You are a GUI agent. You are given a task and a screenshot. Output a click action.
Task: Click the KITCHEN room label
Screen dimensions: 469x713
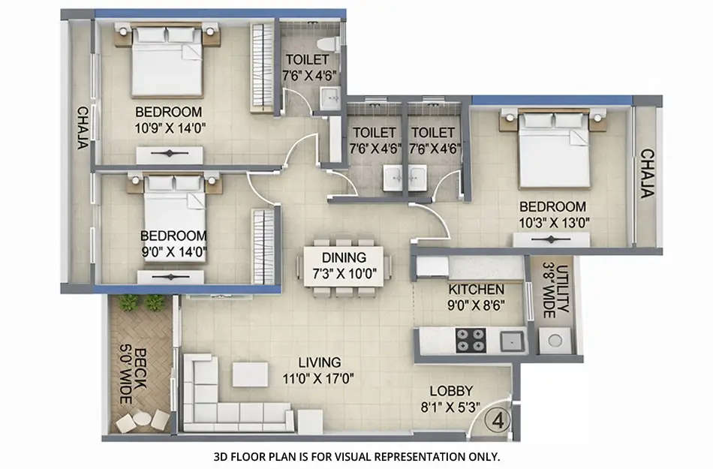[476, 290]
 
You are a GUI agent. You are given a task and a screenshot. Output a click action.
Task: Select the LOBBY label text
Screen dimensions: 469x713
[451, 391]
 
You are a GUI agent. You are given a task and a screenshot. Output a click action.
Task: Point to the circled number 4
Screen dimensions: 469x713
[498, 419]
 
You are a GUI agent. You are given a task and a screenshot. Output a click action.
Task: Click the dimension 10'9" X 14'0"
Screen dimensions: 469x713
[170, 128]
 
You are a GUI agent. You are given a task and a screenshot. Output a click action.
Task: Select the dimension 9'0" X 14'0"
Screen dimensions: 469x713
[173, 251]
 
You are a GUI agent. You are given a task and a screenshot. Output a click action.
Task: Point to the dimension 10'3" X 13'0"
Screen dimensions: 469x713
[553, 222]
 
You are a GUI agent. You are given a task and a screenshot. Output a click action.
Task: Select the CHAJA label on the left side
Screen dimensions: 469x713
[81, 128]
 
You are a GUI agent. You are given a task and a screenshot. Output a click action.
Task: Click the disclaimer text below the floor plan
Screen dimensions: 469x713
[356, 455]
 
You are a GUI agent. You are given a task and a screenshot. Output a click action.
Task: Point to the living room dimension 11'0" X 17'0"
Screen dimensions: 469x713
[319, 377]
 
